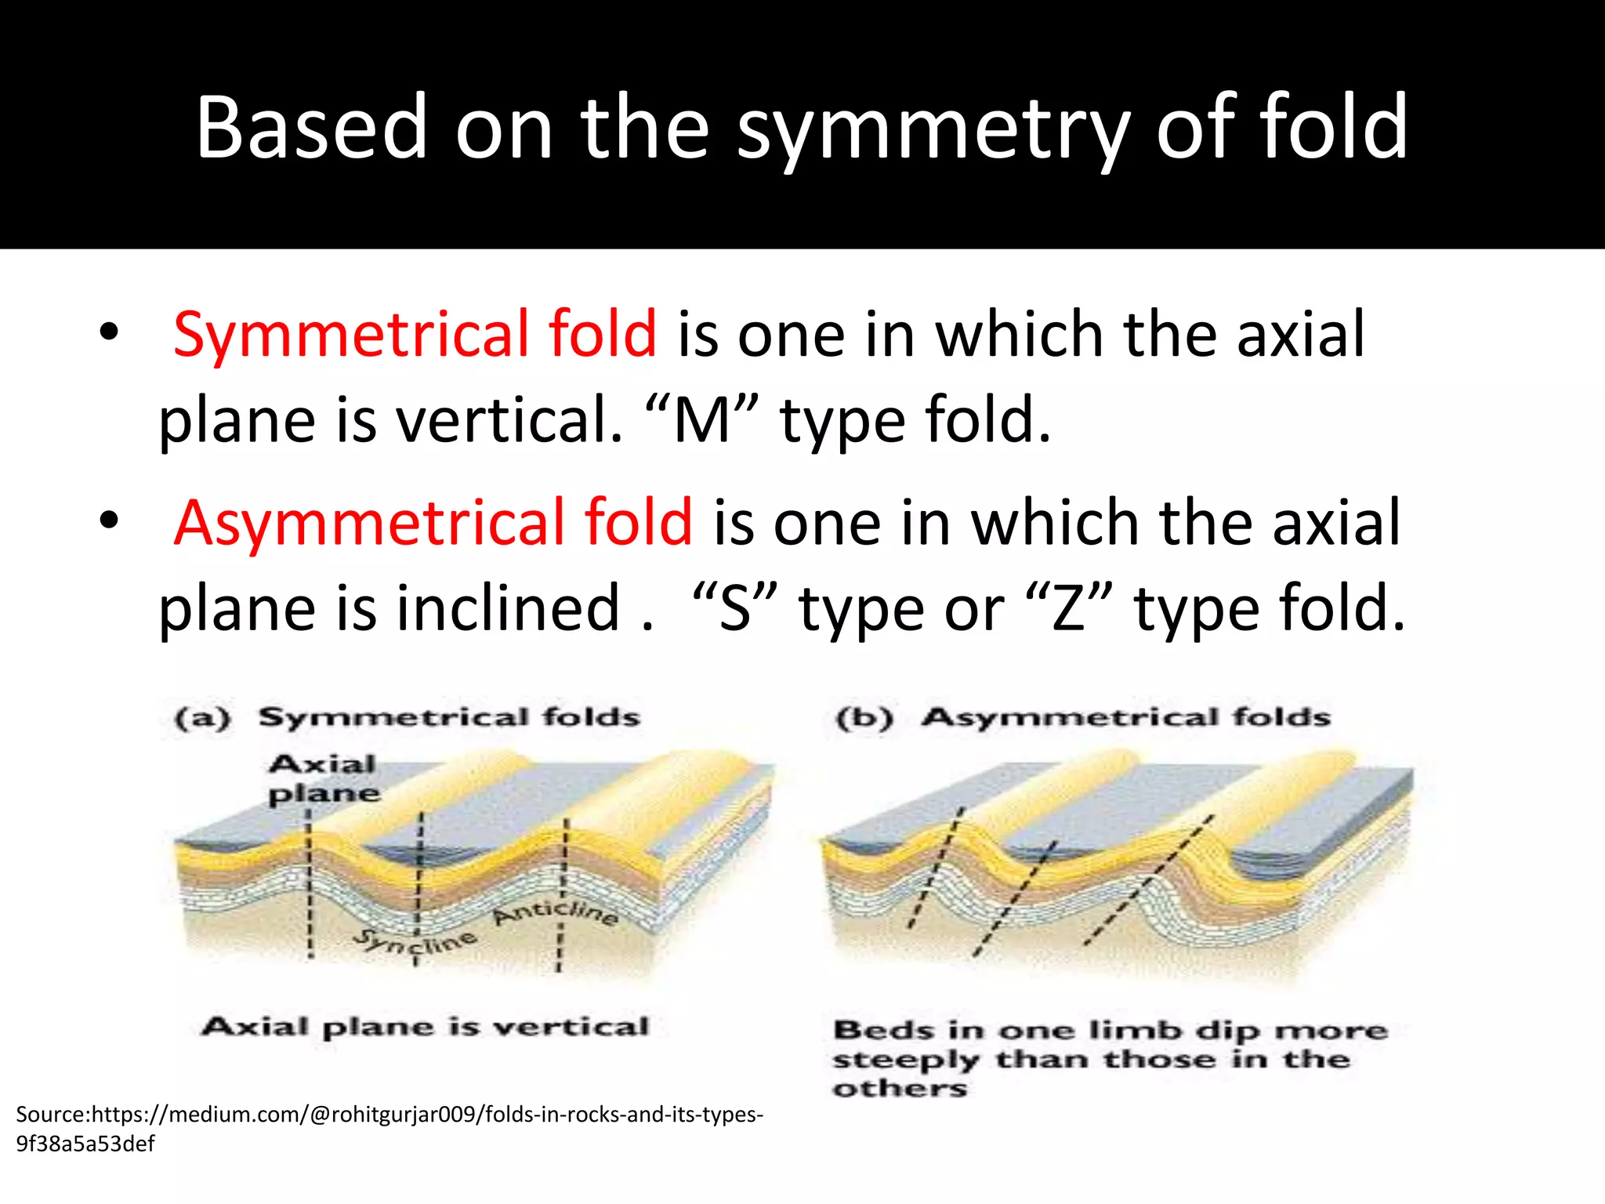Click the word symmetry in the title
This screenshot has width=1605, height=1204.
pos(933,129)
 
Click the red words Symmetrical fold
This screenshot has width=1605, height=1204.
pos(415,335)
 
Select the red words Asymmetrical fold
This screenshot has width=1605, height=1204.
pos(433,523)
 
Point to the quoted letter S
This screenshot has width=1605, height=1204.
pos(735,610)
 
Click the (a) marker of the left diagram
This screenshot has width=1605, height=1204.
pos(203,718)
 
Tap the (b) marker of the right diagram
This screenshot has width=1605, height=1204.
pos(864,718)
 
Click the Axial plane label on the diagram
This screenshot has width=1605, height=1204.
pos(323,778)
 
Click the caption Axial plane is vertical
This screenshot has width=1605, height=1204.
pos(426,1027)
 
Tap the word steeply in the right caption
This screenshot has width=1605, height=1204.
pos(905,1061)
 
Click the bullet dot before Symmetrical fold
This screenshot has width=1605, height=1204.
pos(109,332)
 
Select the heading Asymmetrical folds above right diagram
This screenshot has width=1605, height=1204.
pos(1125,717)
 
